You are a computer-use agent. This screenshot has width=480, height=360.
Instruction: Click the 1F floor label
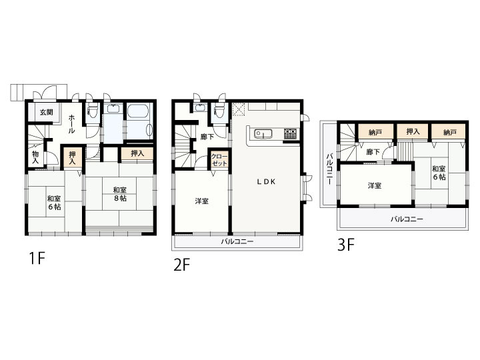click(x=37, y=258)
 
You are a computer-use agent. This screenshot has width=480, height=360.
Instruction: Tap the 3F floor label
click(x=346, y=245)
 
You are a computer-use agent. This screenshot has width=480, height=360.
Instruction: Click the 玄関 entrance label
click(x=46, y=112)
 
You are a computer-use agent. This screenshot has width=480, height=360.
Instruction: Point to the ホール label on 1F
click(x=71, y=124)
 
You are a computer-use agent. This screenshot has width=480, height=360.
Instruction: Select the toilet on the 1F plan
click(x=92, y=111)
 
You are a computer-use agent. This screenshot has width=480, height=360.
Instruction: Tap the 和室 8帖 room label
click(x=120, y=194)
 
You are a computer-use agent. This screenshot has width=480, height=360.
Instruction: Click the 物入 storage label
click(x=35, y=157)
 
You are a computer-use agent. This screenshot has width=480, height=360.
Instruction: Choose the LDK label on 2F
click(x=266, y=182)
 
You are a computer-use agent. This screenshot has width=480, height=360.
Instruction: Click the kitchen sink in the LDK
click(x=263, y=134)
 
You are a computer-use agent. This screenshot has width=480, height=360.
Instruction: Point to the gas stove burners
click(x=290, y=133)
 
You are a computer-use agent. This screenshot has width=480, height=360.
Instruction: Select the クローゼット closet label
click(x=219, y=160)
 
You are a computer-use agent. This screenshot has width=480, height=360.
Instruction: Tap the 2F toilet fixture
click(x=219, y=111)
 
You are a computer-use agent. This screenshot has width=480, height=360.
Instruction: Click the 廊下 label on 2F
click(x=207, y=137)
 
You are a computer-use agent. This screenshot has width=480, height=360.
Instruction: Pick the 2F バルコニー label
click(x=237, y=242)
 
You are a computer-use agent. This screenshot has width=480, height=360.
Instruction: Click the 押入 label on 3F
click(x=413, y=131)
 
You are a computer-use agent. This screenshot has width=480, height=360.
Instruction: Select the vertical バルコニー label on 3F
click(x=329, y=169)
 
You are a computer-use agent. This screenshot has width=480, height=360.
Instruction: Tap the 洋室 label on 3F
click(x=375, y=185)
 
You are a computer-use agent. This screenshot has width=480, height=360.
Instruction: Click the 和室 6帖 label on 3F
click(x=439, y=173)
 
